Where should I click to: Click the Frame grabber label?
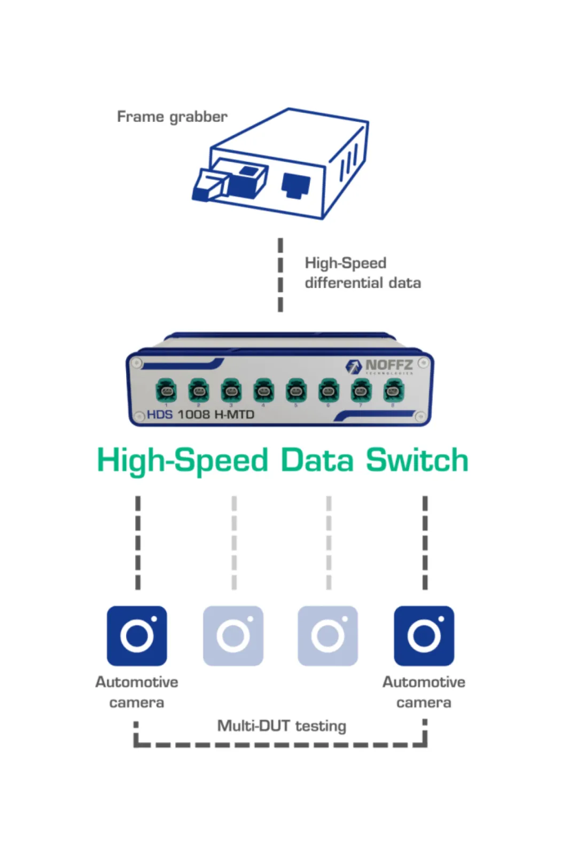172,116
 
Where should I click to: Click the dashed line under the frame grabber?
280,275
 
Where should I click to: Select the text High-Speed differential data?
362,273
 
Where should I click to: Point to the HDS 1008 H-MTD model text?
200,415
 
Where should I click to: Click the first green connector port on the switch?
166,391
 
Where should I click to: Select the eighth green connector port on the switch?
394,391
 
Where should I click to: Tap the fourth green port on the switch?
263,391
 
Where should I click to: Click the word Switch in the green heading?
417,461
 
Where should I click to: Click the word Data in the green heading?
317,461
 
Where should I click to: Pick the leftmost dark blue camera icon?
137,635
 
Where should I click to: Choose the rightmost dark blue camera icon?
424,635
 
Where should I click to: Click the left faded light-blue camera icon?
233,635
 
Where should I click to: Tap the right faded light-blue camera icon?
328,635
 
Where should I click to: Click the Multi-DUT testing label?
282,726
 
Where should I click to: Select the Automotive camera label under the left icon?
137,692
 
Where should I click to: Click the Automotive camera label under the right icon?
424,692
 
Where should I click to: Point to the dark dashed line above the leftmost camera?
138,542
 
